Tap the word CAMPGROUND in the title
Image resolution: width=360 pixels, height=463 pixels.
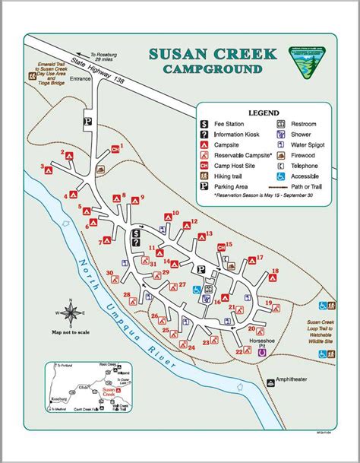pos(214,69)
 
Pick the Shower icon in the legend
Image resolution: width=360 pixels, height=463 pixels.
pos(280,135)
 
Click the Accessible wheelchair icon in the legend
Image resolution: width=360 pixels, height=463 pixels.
pos(280,176)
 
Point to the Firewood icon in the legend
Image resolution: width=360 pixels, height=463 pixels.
pos(280,155)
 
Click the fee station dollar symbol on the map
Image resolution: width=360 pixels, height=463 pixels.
pos(136,233)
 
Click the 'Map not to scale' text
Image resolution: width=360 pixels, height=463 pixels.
pos(71,331)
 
